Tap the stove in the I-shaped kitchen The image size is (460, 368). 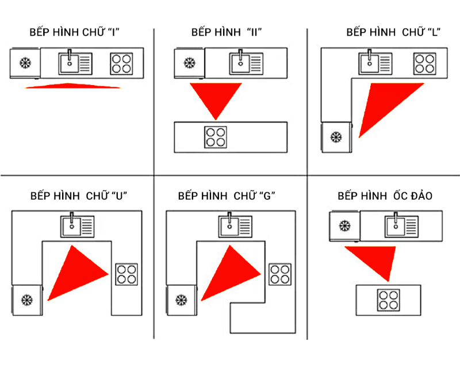[x=121, y=63]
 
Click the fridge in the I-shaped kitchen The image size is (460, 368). [x=25, y=63]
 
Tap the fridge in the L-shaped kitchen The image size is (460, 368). [x=336, y=137]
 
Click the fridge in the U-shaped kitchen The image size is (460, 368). [x=26, y=300]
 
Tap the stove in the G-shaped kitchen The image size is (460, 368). [x=280, y=274]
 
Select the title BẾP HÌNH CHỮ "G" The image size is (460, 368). [x=227, y=196]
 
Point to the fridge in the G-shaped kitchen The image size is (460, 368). [x=181, y=300]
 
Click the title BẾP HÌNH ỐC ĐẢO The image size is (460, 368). [x=385, y=196]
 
